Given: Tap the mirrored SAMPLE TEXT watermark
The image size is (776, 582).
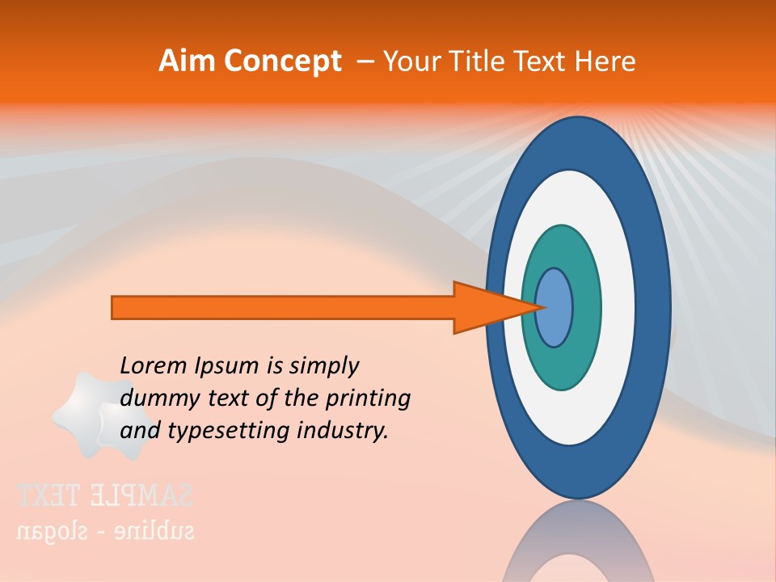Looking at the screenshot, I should [x=105, y=495].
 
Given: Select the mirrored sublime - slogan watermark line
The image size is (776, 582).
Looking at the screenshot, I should [x=105, y=531].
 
